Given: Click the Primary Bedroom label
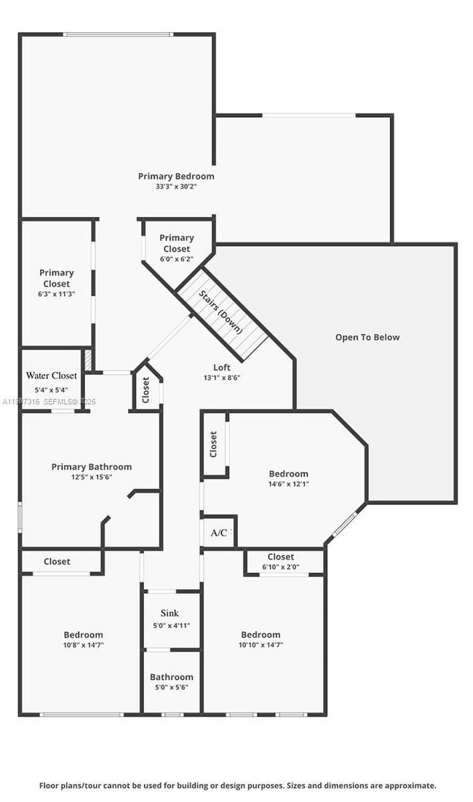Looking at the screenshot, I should click(x=176, y=176).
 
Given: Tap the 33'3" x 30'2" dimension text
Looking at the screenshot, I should click(x=176, y=186).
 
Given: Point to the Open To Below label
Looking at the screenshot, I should click(x=367, y=337).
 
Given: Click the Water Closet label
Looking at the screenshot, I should click(x=51, y=376).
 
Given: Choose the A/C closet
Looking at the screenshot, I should click(x=218, y=533).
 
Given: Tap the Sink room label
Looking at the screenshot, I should click(x=170, y=614).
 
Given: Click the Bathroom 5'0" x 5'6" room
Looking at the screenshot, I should click(x=172, y=682).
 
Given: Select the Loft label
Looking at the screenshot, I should click(x=222, y=368).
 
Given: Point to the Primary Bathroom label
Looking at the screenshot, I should click(x=92, y=466).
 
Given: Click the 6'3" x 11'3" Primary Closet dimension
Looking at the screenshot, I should click(x=57, y=293).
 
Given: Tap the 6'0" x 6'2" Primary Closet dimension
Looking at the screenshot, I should click(x=176, y=258).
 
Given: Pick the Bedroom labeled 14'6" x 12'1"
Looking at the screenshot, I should click(x=288, y=478).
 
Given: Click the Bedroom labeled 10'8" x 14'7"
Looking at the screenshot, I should click(x=83, y=640).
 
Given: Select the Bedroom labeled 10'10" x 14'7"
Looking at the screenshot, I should click(x=261, y=640).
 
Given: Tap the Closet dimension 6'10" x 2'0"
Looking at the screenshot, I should click(x=281, y=567).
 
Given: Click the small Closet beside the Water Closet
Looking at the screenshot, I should click(x=146, y=392).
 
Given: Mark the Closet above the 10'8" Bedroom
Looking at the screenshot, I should click(x=57, y=561).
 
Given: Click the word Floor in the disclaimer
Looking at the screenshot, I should click(x=50, y=785).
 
